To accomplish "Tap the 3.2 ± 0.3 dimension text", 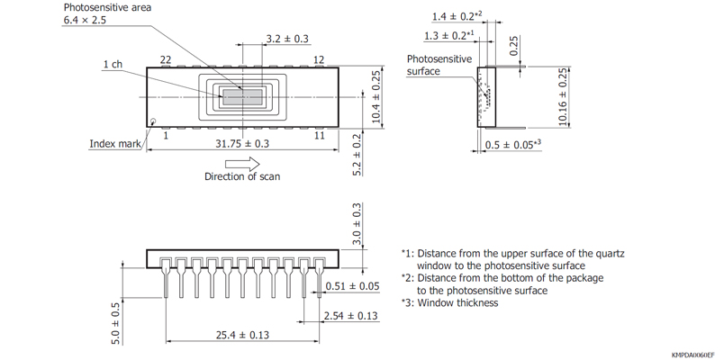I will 287,39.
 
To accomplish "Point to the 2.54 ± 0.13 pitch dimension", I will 351,316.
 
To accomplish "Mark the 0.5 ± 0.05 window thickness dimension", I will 511,144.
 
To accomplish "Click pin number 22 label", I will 166,59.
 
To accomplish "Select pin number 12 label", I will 319,59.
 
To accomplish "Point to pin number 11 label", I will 319,135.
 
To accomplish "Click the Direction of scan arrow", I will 241,164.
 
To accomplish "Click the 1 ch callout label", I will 113,65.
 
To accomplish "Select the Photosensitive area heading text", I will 107,7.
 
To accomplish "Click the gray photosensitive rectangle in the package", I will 242,97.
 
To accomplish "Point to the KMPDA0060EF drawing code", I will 692,355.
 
